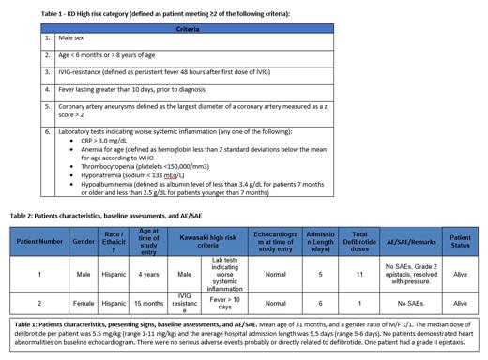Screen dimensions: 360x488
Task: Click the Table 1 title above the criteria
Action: pyautogui.click(x=165, y=14)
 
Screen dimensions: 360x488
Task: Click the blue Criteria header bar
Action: pyautogui.click(x=188, y=29)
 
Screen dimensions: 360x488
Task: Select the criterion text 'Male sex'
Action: pyautogui.click(x=73, y=39)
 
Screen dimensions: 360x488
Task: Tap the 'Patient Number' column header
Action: pyautogui.click(x=40, y=241)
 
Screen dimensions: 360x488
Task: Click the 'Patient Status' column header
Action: pyautogui.click(x=459, y=241)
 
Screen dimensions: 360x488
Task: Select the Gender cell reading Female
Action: pyautogui.click(x=84, y=304)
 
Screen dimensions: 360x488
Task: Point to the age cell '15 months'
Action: pyautogui.click(x=148, y=304)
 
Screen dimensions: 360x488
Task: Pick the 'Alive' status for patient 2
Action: pyautogui.click(x=459, y=304)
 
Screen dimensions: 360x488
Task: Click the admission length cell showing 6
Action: pyautogui.click(x=320, y=304)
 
